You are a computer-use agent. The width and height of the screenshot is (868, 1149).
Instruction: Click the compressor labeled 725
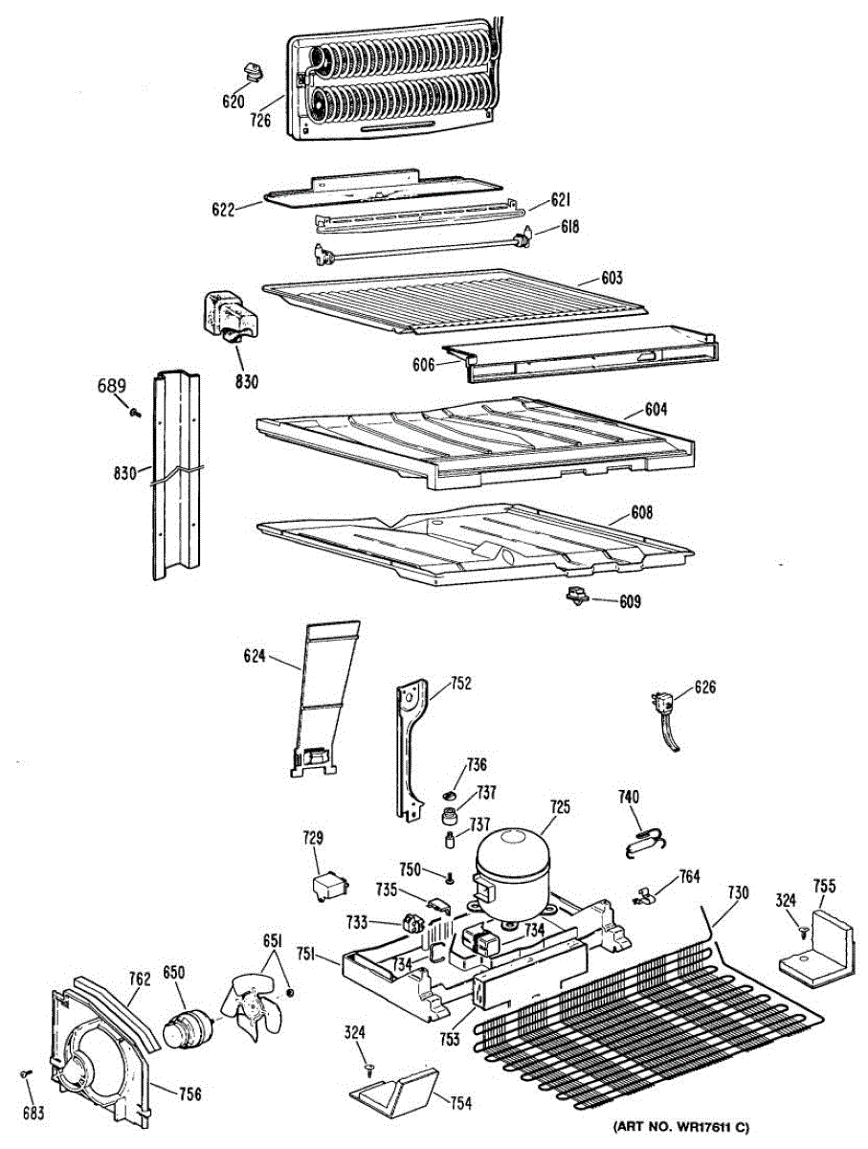tap(515, 866)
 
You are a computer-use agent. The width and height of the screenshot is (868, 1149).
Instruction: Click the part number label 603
tap(612, 279)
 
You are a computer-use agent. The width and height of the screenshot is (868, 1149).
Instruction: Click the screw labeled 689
tap(135, 412)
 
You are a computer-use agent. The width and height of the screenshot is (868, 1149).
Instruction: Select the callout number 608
tap(641, 513)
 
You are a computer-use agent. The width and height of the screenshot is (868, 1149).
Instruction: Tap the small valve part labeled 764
tap(644, 896)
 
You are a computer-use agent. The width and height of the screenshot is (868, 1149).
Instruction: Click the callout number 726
tap(261, 120)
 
